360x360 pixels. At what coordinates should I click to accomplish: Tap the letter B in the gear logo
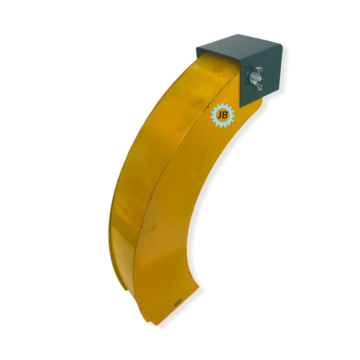pos(225,115)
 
